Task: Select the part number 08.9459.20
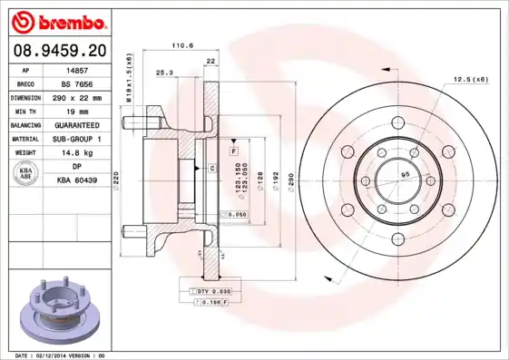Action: click(56, 50)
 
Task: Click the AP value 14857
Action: click(77, 69)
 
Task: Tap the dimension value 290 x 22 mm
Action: click(77, 97)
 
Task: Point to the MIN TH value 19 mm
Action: click(77, 111)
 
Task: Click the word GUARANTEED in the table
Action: click(77, 125)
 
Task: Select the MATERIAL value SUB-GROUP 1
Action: click(77, 139)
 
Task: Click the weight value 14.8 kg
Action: click(77, 153)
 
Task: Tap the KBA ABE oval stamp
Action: click(27, 174)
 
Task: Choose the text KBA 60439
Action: click(77, 181)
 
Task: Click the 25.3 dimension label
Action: click(164, 72)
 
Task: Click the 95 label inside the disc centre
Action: click(406, 174)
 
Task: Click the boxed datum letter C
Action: click(211, 169)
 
